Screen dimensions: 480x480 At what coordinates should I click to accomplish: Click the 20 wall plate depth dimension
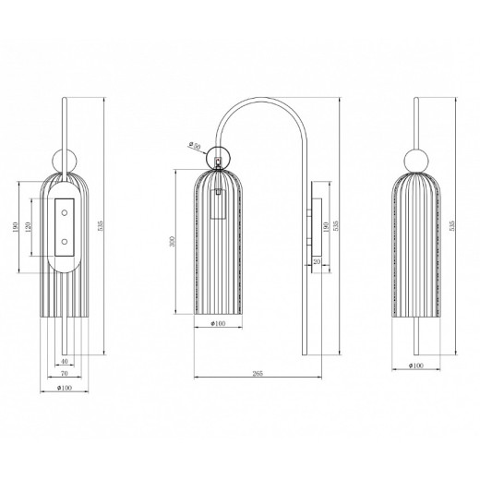[x=318, y=261]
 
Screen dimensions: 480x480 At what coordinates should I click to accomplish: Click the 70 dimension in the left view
[x=62, y=376]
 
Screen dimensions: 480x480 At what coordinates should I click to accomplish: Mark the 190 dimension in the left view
[x=16, y=227]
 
